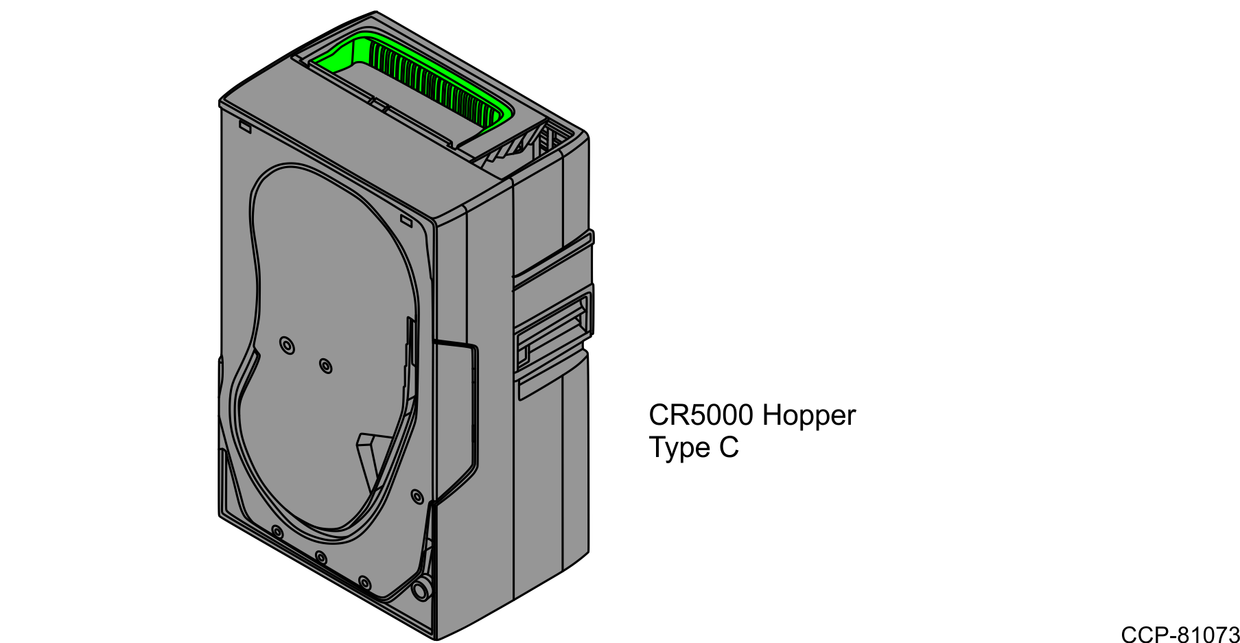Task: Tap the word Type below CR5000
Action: pyautogui.click(x=679, y=448)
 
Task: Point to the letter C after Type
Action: pyautogui.click(x=729, y=448)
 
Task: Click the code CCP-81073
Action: pyautogui.click(x=1179, y=634)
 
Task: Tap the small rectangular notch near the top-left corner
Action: pyautogui.click(x=245, y=126)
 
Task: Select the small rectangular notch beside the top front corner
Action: pyautogui.click(x=406, y=221)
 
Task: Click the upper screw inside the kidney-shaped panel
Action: pyautogui.click(x=288, y=345)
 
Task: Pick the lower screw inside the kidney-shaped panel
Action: pyautogui.click(x=326, y=366)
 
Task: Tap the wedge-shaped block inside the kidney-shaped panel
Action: pyautogui.click(x=369, y=453)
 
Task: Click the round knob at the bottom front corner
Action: pyautogui.click(x=421, y=591)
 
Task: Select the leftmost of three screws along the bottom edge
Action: pyautogui.click(x=277, y=532)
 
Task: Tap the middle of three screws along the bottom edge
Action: pyautogui.click(x=320, y=557)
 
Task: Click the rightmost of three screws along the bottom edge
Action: pyautogui.click(x=364, y=583)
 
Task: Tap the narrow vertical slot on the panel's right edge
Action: pyautogui.click(x=410, y=343)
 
